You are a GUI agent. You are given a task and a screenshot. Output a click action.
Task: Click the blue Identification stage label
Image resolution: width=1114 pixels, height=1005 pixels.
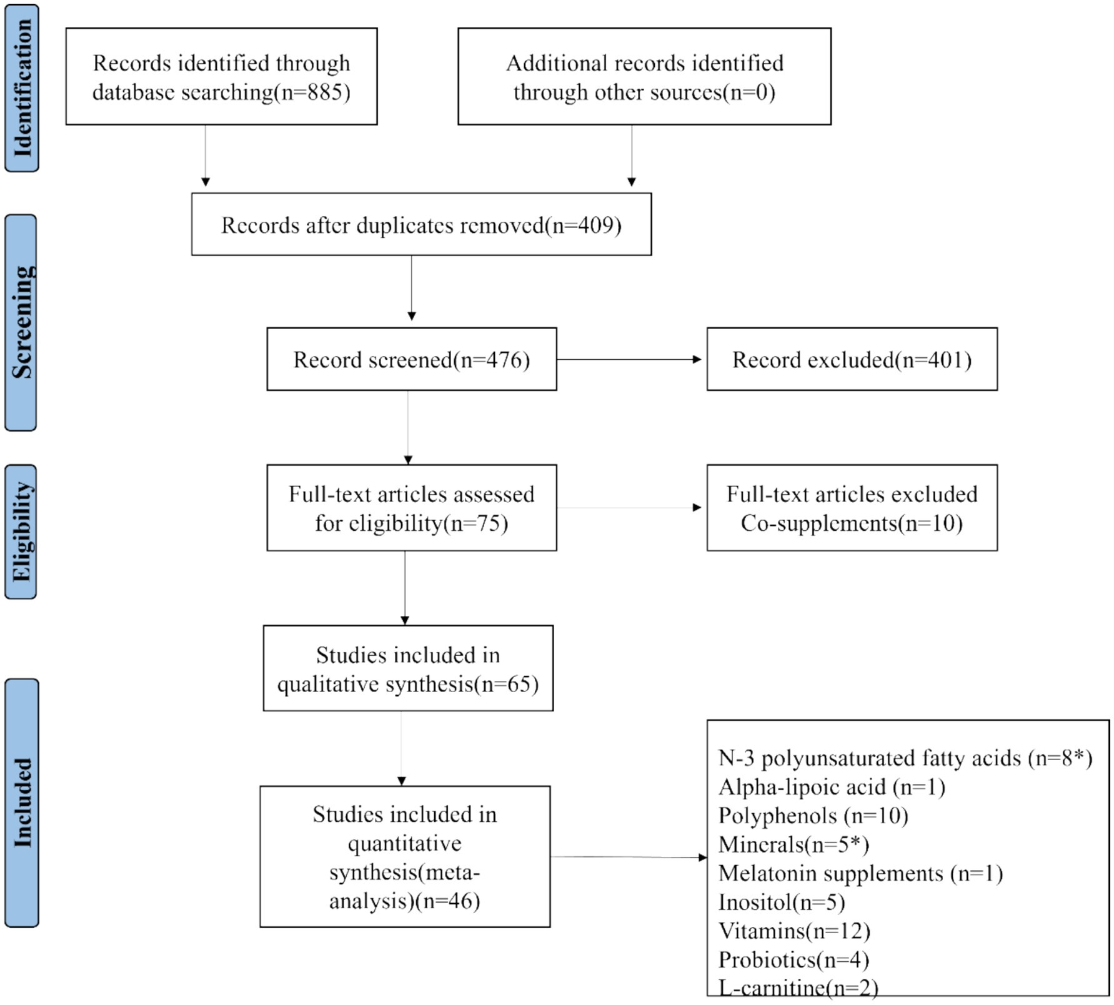pos(22,87)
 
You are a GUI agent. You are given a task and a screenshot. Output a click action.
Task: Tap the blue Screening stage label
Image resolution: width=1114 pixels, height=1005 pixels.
pos(21,322)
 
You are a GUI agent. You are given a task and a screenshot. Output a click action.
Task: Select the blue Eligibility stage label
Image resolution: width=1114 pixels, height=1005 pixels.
pos(21,532)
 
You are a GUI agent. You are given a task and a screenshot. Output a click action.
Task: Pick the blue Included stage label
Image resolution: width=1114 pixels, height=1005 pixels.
pos(22,803)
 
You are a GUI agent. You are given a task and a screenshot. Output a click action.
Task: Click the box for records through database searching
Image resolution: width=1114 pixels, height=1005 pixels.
pos(221,76)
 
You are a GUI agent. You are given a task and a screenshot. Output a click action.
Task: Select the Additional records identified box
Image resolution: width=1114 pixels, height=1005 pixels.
pos(644,76)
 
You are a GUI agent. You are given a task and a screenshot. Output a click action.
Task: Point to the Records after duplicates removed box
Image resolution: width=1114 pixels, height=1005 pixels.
pos(421,225)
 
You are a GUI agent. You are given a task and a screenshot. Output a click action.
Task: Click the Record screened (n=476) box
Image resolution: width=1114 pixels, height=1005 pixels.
pos(411,360)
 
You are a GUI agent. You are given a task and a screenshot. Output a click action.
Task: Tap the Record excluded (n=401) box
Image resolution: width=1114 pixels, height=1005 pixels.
pos(852,360)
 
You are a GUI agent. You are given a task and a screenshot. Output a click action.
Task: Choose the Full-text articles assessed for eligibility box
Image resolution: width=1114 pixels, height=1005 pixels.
pos(411,508)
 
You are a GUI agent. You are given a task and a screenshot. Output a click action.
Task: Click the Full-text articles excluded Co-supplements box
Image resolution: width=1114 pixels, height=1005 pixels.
pos(852,508)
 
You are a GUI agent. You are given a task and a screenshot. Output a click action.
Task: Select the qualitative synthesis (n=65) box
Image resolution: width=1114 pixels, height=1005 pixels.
pos(408,668)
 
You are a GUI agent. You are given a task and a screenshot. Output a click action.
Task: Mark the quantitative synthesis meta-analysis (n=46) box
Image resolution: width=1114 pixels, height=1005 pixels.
pos(405,856)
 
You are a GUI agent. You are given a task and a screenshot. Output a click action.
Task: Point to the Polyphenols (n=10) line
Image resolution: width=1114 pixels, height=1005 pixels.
pos(813,816)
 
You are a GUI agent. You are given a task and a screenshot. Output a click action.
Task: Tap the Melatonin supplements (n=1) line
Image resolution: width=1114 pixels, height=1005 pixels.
pos(860,873)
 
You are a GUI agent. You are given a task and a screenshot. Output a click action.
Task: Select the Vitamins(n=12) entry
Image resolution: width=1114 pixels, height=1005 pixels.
pos(794,931)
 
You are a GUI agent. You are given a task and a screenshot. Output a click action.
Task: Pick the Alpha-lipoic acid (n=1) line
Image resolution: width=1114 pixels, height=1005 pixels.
pos(832,787)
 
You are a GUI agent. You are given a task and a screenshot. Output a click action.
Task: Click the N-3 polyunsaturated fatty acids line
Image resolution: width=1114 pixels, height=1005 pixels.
pos(905,758)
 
